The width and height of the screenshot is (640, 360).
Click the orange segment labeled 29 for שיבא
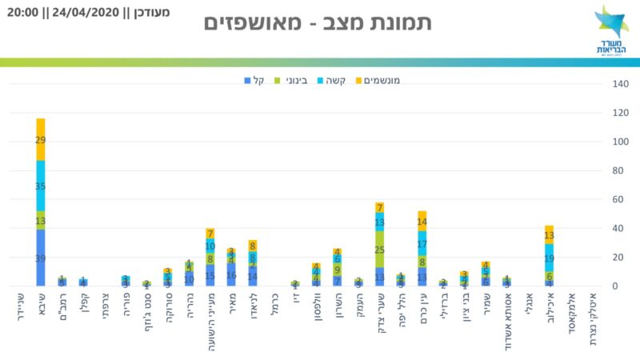(x=41, y=140)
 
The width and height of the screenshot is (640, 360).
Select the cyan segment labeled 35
(x=41, y=186)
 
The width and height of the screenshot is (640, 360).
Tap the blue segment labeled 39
(x=41, y=258)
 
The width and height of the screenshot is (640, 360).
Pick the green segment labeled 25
(x=379, y=250)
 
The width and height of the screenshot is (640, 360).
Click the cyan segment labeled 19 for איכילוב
(x=550, y=258)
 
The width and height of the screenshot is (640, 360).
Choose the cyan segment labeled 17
(x=422, y=243)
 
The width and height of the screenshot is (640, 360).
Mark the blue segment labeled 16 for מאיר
(x=230, y=274)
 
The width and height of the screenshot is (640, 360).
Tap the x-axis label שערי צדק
(x=379, y=314)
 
